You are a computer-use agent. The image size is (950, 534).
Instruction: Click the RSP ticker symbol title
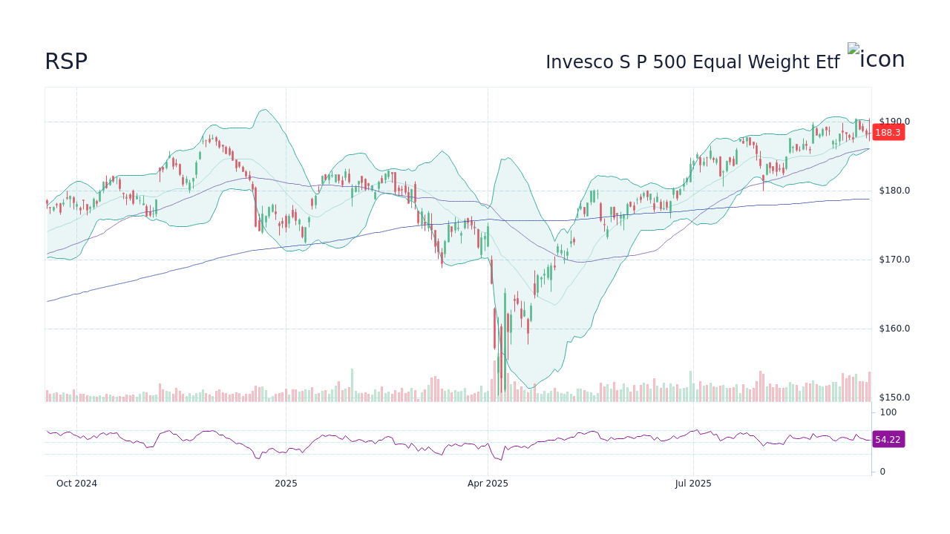66,62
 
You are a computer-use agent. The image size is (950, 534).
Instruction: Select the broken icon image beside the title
876,58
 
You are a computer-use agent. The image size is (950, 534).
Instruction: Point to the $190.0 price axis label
894,122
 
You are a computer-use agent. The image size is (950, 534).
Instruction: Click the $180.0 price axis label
894,191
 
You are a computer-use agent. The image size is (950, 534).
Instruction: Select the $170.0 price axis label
894,260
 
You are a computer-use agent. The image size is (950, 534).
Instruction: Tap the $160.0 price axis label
894,329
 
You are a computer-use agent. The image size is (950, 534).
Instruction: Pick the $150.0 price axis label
894,398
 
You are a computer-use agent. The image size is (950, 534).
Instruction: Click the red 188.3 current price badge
888,133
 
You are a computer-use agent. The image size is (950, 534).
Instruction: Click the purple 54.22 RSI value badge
888,440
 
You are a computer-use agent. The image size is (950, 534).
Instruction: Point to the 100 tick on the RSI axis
888,412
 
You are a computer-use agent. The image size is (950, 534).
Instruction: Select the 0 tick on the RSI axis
882,472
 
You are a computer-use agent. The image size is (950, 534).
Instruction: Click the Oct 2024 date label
76,484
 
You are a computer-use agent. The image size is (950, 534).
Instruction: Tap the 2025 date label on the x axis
286,484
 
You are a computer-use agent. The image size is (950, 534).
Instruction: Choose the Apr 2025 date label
488,484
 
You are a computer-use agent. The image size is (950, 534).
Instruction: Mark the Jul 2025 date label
693,484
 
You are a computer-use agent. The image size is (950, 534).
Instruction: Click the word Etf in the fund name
828,62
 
